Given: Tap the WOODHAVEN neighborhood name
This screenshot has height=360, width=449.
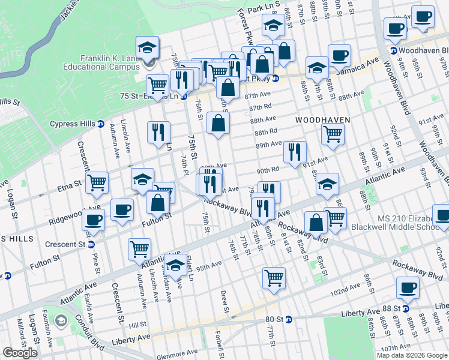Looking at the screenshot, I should [322, 121].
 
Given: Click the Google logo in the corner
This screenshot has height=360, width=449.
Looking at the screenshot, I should [20, 353].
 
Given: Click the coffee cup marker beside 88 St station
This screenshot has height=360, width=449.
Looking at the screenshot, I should [409, 288].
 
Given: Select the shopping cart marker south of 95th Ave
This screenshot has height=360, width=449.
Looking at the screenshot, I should [274, 278].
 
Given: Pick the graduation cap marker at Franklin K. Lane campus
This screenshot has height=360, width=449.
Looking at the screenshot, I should [146, 47].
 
